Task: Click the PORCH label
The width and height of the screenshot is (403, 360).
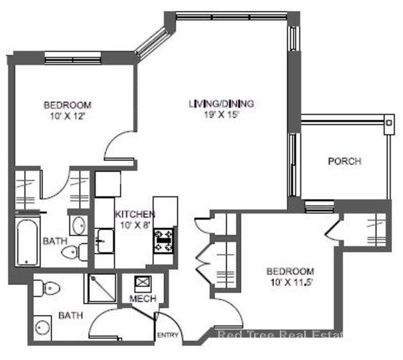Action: click(344, 161)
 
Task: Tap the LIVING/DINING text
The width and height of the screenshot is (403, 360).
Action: click(221, 103)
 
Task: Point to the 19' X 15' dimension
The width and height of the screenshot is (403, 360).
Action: click(221, 115)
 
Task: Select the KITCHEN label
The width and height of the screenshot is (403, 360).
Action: click(134, 214)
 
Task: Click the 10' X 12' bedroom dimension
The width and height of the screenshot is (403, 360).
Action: click(67, 116)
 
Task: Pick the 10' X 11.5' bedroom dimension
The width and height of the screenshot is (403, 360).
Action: click(291, 282)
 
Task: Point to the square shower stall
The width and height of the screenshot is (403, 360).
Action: click(101, 288)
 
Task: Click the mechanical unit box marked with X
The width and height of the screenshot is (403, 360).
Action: click(141, 283)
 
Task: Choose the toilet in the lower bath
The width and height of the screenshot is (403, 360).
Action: click(48, 288)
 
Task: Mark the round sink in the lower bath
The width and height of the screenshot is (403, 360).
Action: click(43, 327)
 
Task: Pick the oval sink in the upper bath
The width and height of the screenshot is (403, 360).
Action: click(78, 226)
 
